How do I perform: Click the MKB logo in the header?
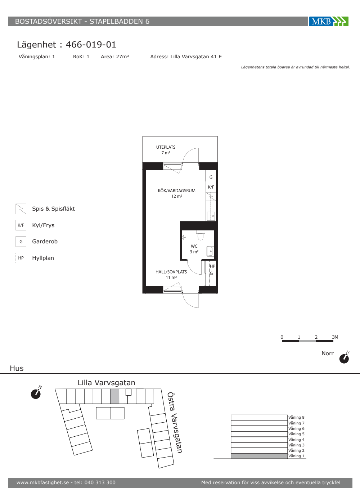pos(329,21)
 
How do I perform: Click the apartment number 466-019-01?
pos(91,45)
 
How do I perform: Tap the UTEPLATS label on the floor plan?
pos(166,147)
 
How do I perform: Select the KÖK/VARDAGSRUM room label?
pos(177,190)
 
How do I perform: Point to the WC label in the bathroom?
pos(194,246)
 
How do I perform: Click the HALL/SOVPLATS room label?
pos(171,272)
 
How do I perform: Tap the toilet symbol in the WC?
pos(200,235)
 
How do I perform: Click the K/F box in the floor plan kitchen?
pos(211,187)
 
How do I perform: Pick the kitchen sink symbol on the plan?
pos(212,216)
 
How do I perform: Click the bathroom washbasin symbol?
pos(210,251)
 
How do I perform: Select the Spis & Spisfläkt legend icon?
pos(21,209)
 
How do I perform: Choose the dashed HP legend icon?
pos(21,258)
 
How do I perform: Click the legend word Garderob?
pos(45,242)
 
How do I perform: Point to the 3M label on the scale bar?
pos(335,337)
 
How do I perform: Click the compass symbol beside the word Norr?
pos(344,357)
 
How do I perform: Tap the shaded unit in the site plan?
pos(114,396)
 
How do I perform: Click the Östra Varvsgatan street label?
pos(175,423)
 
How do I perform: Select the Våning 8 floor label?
pos(296,417)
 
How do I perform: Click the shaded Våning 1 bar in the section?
pos(259,456)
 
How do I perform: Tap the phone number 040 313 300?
pos(100,482)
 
